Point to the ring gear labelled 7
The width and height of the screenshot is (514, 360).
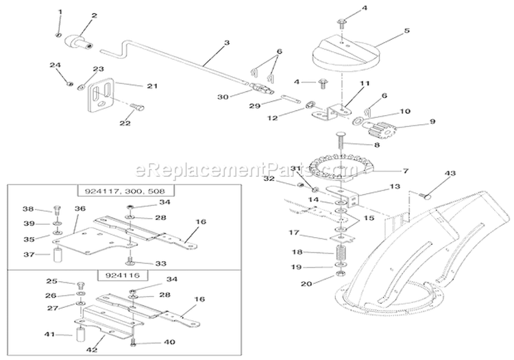pos(333,167)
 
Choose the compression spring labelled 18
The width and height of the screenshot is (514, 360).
pos(340,252)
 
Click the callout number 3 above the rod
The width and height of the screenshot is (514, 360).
pos(208,43)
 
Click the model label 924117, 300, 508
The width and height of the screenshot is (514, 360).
pos(120,191)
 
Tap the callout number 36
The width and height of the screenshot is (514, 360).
pos(79,208)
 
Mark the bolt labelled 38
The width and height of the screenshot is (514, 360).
pos(56,211)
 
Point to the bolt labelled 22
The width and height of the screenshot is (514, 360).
pos(136,108)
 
